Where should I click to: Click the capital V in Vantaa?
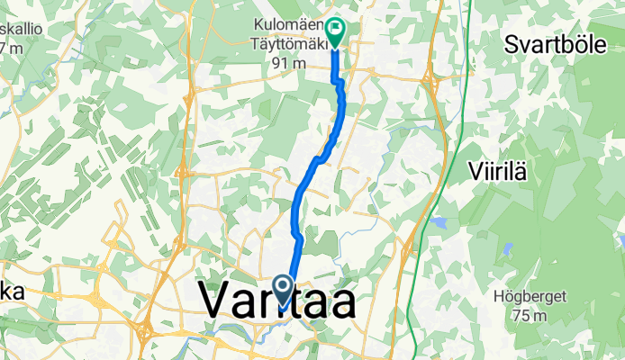pos(216,300)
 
